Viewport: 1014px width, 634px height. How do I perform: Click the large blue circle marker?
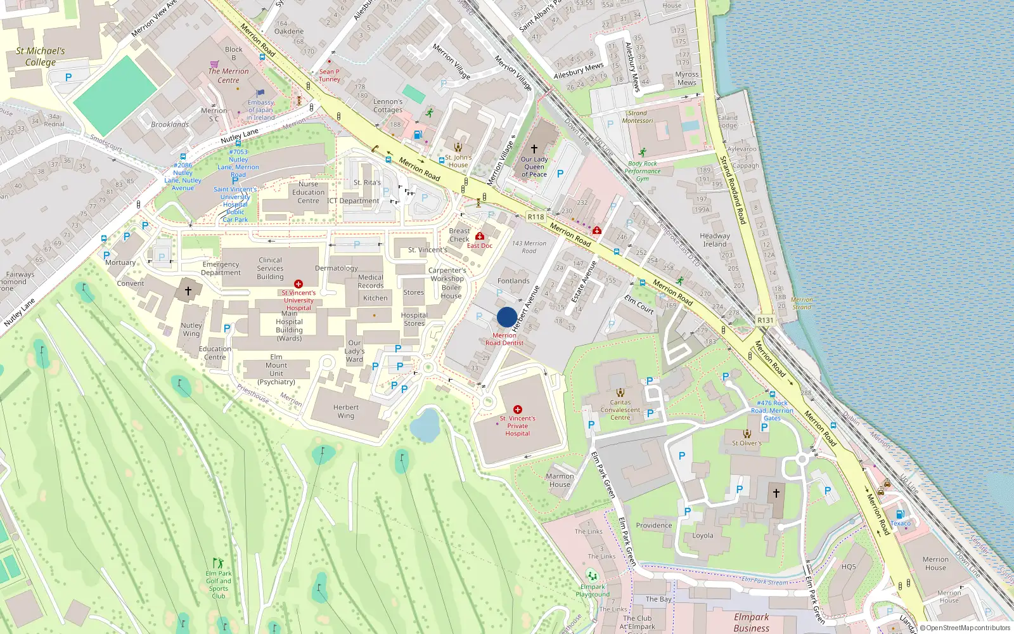coord(506,317)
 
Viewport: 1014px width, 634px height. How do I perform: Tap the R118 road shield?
coord(536,217)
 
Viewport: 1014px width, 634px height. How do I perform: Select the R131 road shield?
coord(765,320)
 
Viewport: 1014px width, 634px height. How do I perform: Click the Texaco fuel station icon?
coord(900,514)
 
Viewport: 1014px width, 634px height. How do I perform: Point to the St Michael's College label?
coord(40,56)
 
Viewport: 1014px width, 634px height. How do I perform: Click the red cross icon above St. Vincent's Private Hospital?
coord(518,410)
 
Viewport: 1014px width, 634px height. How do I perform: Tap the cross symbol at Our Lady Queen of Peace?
coord(534,149)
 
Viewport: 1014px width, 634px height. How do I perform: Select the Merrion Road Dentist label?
coord(504,339)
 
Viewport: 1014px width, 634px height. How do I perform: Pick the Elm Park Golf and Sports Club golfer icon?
coord(219,563)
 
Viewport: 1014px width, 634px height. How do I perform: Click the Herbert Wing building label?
coord(345,411)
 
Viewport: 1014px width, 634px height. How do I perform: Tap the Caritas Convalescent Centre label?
coord(620,410)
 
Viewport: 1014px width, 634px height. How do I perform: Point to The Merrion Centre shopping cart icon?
coord(214,64)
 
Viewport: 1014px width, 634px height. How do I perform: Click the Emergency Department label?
coord(221,268)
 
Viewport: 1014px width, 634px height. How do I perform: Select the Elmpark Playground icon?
coord(592,576)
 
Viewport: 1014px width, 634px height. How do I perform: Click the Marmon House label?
coord(560,480)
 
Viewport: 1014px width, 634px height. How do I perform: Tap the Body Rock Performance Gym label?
coord(642,171)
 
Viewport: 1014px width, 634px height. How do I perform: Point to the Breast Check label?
coord(459,235)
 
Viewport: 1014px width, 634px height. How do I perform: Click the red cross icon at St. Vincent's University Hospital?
coord(298,284)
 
